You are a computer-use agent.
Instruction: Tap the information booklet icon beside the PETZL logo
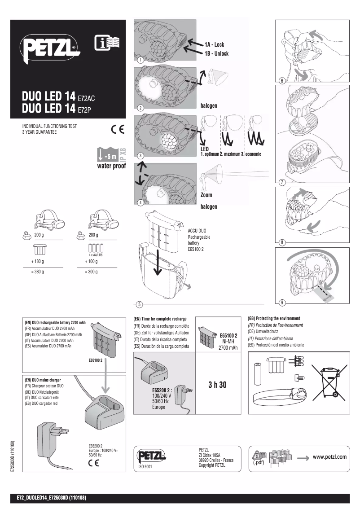pos(107,44)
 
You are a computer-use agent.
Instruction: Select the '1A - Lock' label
pos(214,45)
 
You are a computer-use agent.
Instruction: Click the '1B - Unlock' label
pos(216,54)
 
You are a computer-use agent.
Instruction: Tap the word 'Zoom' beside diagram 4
pos(206,195)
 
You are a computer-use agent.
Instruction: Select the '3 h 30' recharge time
pos(218,386)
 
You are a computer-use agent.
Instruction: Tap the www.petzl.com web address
pos(329,457)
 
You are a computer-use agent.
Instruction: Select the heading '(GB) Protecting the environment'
pos(274,318)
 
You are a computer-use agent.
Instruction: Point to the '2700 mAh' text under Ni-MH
pos(228,348)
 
